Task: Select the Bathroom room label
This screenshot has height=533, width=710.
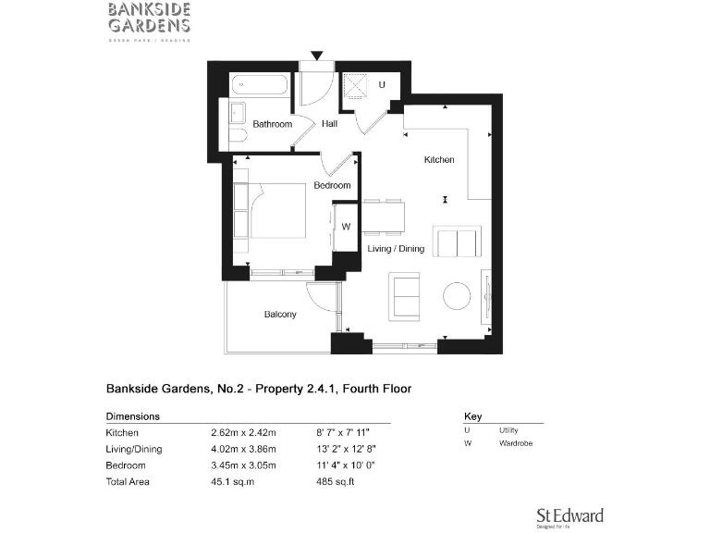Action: point(273,124)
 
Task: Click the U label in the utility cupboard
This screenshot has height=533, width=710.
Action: point(382,86)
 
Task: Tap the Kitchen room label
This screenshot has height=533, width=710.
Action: point(439,160)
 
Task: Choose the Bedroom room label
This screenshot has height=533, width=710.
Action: point(332,185)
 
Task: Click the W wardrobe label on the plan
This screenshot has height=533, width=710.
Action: point(347,227)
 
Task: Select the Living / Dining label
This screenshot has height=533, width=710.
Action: point(396,248)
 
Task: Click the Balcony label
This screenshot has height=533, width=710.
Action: point(280,315)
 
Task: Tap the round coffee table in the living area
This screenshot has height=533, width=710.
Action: point(457,296)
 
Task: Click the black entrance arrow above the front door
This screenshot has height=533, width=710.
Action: point(317,56)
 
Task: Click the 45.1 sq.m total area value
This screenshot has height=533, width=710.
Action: point(231,481)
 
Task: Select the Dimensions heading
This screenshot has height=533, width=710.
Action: point(133,416)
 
